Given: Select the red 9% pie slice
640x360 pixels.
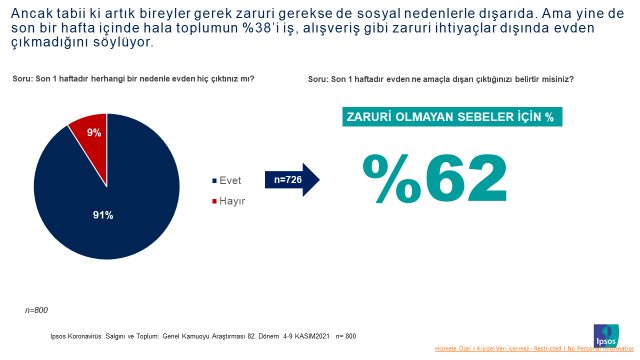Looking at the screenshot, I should click(x=91, y=134).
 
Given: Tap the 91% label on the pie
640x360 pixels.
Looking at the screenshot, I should click(x=103, y=215).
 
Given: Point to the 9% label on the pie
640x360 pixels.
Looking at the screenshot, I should click(x=94, y=132).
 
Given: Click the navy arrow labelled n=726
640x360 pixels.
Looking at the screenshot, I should click(x=291, y=180).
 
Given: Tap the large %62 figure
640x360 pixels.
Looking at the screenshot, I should click(x=435, y=178).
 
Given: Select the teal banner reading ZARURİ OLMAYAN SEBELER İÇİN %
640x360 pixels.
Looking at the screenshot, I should click(x=449, y=116).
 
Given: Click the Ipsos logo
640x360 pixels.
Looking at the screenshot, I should click(x=607, y=333).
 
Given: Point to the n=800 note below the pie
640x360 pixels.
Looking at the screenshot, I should click(x=38, y=311).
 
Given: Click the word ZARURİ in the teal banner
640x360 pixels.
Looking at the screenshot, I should click(x=372, y=116).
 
